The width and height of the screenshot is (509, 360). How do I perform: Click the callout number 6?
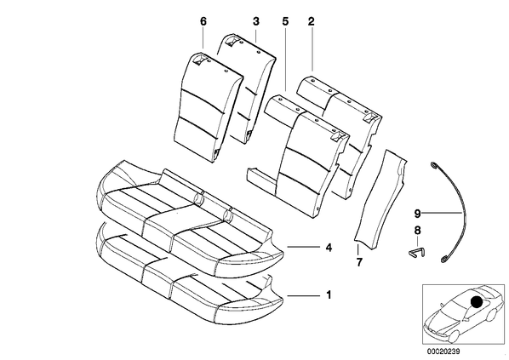click(203, 22)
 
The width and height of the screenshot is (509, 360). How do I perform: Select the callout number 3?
click(256, 22)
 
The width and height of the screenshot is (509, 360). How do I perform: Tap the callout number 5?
click(285, 22)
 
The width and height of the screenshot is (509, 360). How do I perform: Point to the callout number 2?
click(312, 22)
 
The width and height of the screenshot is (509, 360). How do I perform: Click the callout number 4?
click(329, 248)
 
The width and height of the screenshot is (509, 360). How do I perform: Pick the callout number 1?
click(329, 295)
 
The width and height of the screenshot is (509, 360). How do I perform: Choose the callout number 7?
click(358, 262)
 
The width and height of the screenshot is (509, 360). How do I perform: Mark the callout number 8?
click(417, 231)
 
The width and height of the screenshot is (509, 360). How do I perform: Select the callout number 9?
click(417, 214)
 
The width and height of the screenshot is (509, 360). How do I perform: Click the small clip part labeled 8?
click(416, 252)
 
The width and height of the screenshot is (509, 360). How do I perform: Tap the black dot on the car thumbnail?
click(477, 302)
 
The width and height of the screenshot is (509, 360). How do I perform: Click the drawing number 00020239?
click(443, 351)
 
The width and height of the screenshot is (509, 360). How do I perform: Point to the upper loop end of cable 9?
click(433, 165)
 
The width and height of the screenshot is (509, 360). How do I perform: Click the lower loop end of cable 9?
click(443, 260)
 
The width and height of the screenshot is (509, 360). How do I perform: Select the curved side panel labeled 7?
click(380, 200)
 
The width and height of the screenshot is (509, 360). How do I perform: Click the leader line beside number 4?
click(303, 248)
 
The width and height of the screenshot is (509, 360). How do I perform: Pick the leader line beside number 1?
click(303, 295)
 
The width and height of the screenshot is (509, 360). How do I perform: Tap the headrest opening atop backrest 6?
click(198, 60)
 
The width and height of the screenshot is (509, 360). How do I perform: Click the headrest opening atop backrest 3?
click(232, 40)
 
